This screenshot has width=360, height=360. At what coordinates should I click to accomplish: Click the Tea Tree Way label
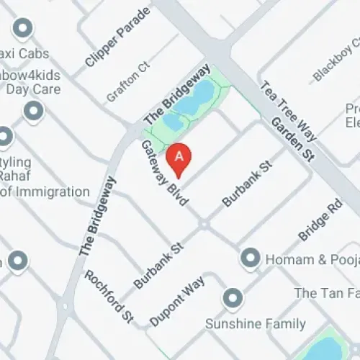click(288, 107)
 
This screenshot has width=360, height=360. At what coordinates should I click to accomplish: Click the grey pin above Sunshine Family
click(233, 297)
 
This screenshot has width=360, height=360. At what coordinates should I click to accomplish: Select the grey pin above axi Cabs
click(23, 29)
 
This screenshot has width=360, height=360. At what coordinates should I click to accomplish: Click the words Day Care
click(33, 90)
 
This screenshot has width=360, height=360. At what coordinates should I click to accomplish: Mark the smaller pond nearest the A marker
click(174, 123)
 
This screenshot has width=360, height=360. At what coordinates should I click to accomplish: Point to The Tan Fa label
click(326, 293)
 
